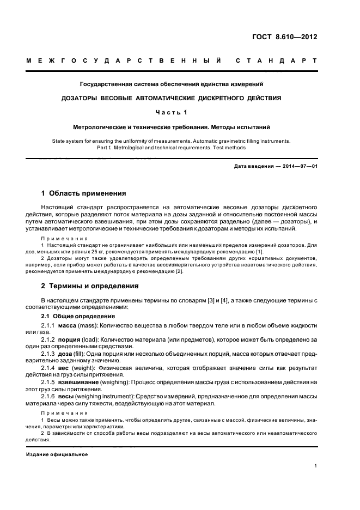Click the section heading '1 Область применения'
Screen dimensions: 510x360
pyautogui.click(x=84, y=193)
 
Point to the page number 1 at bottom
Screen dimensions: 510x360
pyautogui.click(x=316, y=466)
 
